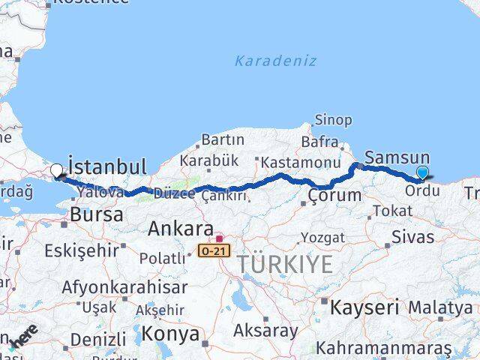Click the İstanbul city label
click(106, 166)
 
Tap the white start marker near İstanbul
click(56, 171)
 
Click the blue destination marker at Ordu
click(422, 173)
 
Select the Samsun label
click(397, 158)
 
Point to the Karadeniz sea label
click(275, 61)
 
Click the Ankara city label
click(181, 227)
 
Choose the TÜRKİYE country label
click(285, 264)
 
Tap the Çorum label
click(334, 196)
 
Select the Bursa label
click(96, 214)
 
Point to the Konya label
click(171, 333)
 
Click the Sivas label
click(412, 237)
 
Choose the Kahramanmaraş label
click(384, 349)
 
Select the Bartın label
click(223, 139)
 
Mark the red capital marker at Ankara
click(218, 238)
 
